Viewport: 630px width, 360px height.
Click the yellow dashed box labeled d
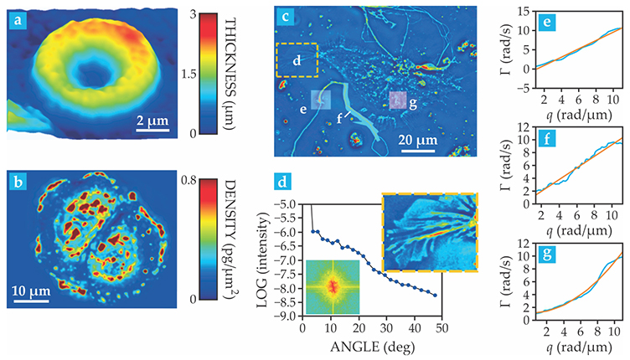[297, 59]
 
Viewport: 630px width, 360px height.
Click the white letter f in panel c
[340, 118]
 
